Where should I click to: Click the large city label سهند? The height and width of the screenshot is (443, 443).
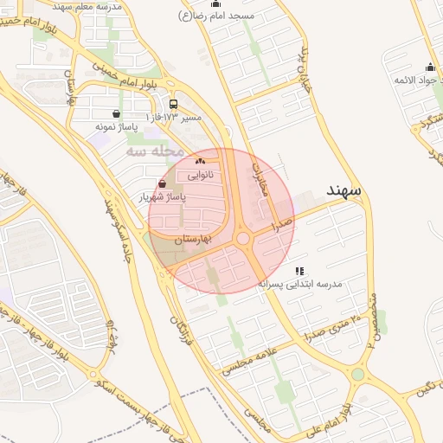(344, 189)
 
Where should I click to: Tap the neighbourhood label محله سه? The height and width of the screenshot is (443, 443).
(155, 151)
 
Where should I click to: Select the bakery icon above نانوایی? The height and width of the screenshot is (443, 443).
(200, 161)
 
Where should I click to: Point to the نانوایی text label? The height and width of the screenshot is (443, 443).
(200, 174)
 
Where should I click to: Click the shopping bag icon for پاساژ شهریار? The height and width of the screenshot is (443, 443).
(163, 183)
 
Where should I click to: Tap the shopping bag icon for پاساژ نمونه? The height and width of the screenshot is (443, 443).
(117, 112)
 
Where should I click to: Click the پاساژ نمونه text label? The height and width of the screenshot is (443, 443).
(117, 126)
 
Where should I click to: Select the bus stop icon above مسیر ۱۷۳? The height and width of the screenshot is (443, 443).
(174, 104)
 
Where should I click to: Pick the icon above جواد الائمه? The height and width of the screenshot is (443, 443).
(430, 67)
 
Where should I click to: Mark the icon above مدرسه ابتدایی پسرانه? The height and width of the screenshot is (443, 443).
(300, 270)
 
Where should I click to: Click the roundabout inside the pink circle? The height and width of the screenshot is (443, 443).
(243, 239)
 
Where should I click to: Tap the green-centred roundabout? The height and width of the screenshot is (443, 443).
(357, 375)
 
